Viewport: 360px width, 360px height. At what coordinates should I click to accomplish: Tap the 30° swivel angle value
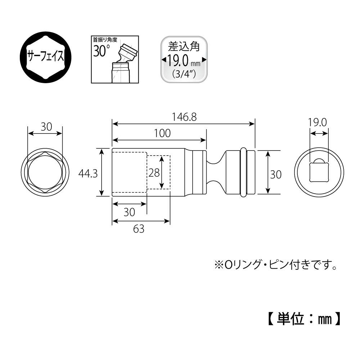coord(102,51)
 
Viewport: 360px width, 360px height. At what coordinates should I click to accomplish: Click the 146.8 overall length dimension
coord(184,117)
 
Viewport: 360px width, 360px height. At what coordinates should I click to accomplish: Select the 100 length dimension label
coord(162,133)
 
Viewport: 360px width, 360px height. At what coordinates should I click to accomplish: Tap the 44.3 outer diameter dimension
coord(88,173)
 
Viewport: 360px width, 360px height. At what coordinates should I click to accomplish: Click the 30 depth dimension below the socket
coord(129,212)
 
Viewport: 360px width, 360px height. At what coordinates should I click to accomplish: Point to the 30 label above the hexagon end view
coord(46,127)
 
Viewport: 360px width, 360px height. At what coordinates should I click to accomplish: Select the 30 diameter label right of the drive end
coord(275,174)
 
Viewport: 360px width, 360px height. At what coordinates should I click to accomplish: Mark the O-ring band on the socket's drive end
coord(244,173)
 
